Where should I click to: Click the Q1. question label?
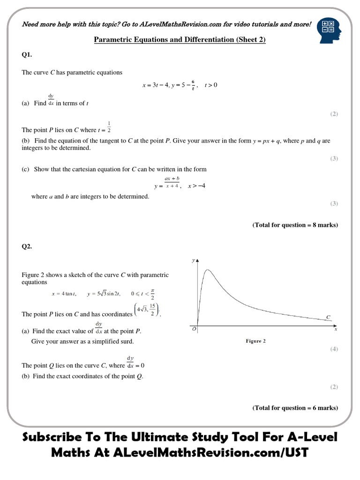click(x=27, y=55)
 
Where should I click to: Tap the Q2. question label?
click(x=27, y=247)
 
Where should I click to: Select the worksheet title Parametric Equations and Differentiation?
click(x=180, y=40)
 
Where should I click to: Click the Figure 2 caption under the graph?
click(x=255, y=341)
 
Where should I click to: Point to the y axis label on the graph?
click(x=193, y=260)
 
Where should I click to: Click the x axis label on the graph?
click(x=336, y=330)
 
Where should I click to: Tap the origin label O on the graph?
click(x=194, y=330)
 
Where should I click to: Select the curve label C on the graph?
click(x=328, y=317)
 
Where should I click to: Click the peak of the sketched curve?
click(x=207, y=270)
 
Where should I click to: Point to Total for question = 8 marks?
click(x=295, y=225)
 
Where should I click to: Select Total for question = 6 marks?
click(x=295, y=408)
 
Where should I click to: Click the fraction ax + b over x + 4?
click(x=172, y=182)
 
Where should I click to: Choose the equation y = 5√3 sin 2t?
click(x=104, y=294)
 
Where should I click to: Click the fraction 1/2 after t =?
click(x=109, y=127)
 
